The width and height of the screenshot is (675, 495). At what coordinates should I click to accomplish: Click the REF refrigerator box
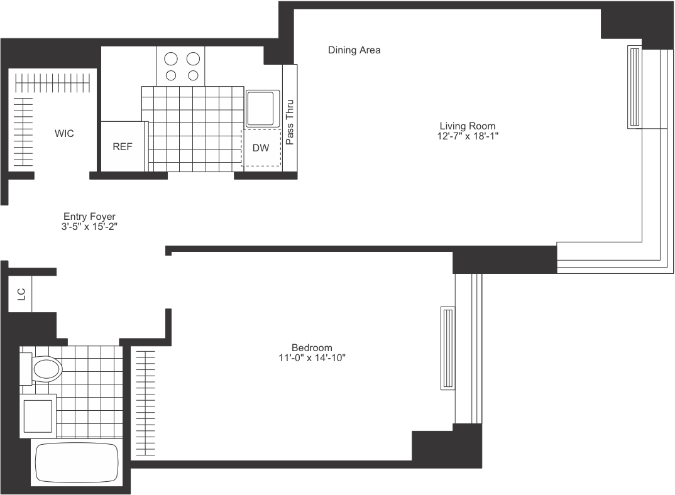(x=123, y=146)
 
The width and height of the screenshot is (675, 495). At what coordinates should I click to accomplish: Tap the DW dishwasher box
(x=261, y=148)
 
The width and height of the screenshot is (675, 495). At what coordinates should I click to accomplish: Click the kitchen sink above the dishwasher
(x=261, y=108)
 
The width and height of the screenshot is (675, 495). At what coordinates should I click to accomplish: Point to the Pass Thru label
(x=290, y=122)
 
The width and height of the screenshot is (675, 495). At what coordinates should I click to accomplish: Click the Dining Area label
(x=354, y=50)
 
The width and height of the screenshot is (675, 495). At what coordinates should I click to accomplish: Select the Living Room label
(x=467, y=126)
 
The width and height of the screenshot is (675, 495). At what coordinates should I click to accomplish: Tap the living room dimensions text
(x=467, y=136)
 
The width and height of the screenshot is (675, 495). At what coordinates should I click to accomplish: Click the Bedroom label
(x=312, y=347)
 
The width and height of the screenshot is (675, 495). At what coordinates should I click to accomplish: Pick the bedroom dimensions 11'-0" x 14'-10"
(x=312, y=357)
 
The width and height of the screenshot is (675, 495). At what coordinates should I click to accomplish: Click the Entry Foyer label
(x=89, y=216)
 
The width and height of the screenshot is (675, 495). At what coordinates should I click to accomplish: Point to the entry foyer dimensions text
(x=89, y=226)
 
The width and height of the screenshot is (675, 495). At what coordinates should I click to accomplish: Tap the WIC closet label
(x=64, y=134)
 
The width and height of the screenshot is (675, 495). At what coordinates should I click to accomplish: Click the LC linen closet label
(x=19, y=292)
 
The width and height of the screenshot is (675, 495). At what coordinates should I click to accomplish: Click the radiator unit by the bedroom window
(x=447, y=348)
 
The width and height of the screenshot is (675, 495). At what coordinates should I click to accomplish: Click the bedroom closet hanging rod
(x=144, y=403)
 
